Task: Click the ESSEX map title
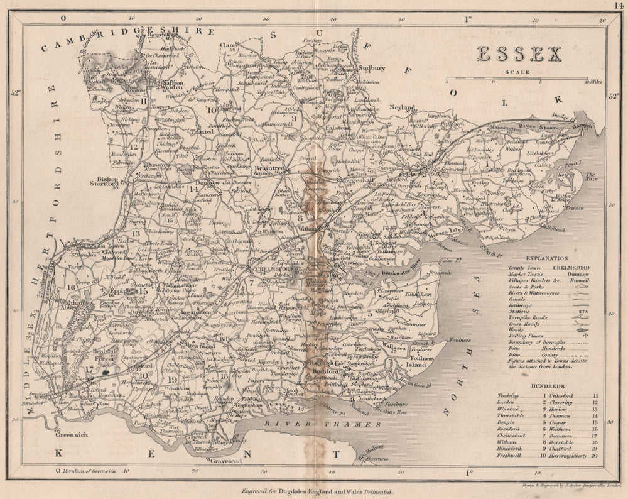click(519, 55)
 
